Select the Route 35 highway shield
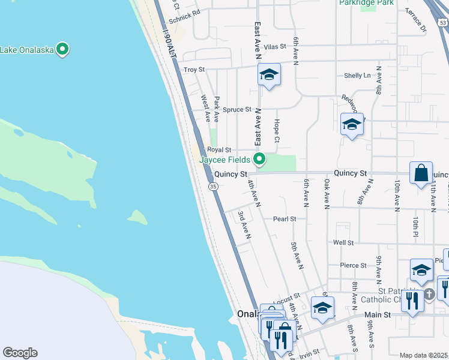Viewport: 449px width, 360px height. click(x=213, y=187)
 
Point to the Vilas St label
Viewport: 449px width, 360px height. click(x=276, y=46)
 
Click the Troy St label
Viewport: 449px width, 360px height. click(x=194, y=70)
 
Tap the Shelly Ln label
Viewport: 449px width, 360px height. click(x=357, y=76)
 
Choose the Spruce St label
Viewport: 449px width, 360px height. click(x=237, y=110)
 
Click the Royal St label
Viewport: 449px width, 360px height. click(x=219, y=150)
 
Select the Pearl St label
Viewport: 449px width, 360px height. click(x=285, y=219)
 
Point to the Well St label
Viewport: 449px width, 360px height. click(x=343, y=242)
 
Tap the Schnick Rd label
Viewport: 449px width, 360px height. click(x=184, y=19)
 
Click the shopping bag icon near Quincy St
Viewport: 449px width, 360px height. click(x=421, y=172)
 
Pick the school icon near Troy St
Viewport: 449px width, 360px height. click(x=270, y=75)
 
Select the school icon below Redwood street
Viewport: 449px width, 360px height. click(x=352, y=125)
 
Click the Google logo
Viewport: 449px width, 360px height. click(x=20, y=353)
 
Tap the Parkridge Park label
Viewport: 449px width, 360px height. click(x=366, y=3)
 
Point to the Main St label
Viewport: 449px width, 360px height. click(x=378, y=314)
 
